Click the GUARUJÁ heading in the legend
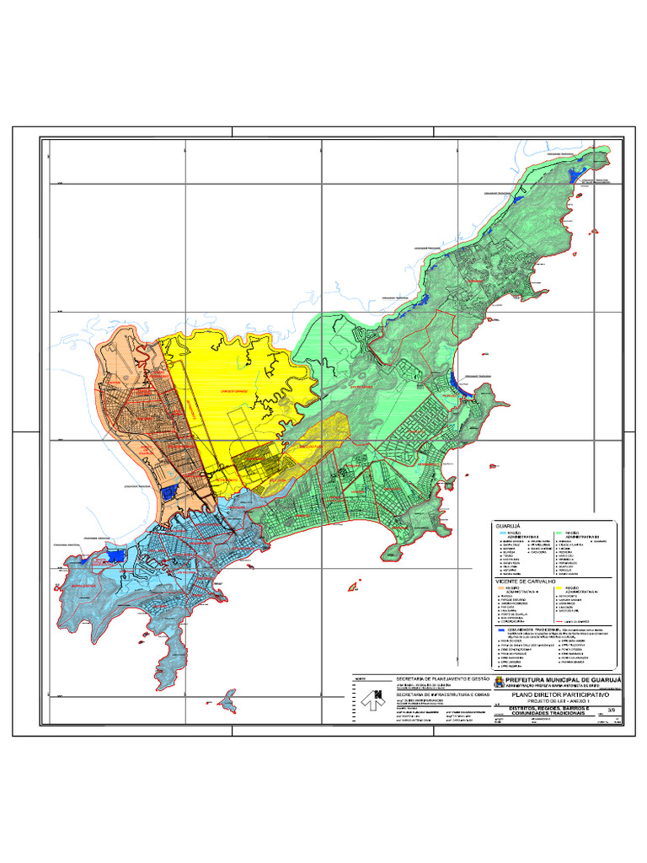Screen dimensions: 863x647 (506, 526)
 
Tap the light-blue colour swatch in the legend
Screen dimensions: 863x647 (500, 533)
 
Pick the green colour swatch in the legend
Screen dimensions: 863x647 (558, 533)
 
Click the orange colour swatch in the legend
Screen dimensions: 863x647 (500, 587)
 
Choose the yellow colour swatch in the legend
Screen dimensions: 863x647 (558, 587)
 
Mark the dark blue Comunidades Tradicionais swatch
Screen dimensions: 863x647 (500, 629)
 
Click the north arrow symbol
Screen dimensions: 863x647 (370, 699)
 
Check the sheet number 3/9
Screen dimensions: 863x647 (610, 711)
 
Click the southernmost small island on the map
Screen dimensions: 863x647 (227, 699)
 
